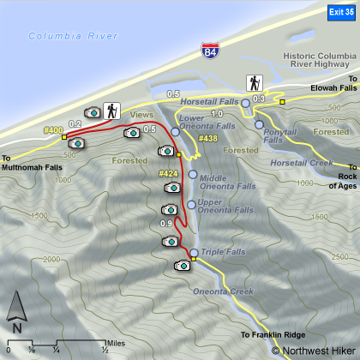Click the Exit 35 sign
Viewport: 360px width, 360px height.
pyautogui.click(x=340, y=11)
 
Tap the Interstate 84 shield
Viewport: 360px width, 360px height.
pyautogui.click(x=211, y=54)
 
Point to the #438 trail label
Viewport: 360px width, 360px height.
pyautogui.click(x=207, y=138)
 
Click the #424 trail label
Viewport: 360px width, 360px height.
pyautogui.click(x=168, y=174)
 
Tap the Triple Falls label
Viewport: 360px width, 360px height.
pyautogui.click(x=222, y=252)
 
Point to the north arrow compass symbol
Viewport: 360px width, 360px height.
pyautogui.click(x=17, y=312)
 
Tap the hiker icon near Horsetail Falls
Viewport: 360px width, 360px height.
pyautogui.click(x=255, y=83)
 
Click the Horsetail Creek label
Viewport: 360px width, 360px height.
pyautogui.click(x=300, y=162)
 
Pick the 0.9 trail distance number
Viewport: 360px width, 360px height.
pyautogui.click(x=165, y=224)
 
